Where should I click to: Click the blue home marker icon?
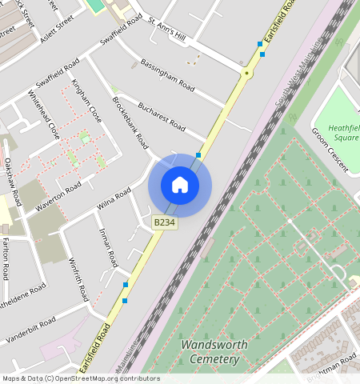pyautogui.click(x=180, y=185)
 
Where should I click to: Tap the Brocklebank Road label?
pyautogui.click(x=130, y=123)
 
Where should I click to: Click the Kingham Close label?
pyautogui.click(x=86, y=100)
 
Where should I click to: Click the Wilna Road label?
pyautogui.click(x=113, y=199)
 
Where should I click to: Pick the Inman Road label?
pyautogui.click(x=108, y=246)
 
